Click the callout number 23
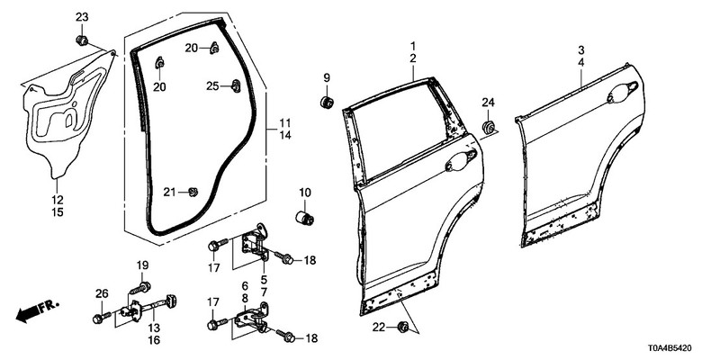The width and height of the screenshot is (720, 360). pyautogui.click(x=82, y=17)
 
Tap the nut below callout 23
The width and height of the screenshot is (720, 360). pyautogui.click(x=82, y=40)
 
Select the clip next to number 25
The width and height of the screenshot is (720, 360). pyautogui.click(x=235, y=86)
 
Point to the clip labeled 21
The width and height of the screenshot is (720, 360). pyautogui.click(x=193, y=191)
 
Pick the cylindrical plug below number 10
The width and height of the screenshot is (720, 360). pyautogui.click(x=306, y=218)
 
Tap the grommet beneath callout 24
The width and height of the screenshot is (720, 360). pyautogui.click(x=489, y=127)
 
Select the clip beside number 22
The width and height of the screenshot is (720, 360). pyautogui.click(x=402, y=325)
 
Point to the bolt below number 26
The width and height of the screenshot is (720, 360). pyautogui.click(x=99, y=318)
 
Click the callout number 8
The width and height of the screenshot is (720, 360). pyautogui.click(x=244, y=297)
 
